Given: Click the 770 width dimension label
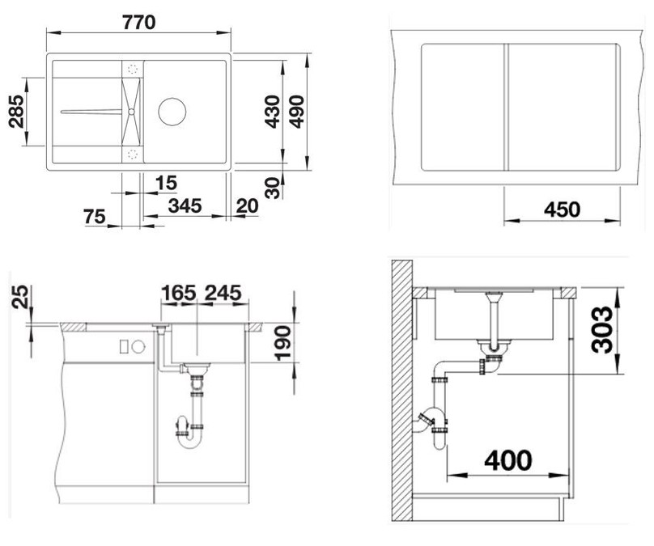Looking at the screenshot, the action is point(139,22).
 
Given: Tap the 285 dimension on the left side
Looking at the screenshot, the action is point(17,112).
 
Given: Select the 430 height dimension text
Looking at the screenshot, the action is point(272,112).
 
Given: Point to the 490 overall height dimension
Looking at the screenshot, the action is point(297,112).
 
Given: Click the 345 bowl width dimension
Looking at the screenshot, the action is point(185,205).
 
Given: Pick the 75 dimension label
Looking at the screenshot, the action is point(95,216).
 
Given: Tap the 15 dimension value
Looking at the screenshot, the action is point(166,183).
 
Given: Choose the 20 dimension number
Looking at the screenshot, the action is point(247,206).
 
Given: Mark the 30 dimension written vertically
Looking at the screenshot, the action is point(272,188).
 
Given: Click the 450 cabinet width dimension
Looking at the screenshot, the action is point(563,210).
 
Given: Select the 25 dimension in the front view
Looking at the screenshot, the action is point(20,296).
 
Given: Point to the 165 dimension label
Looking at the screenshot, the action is point(179,293).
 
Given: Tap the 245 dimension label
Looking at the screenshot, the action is point(223,293).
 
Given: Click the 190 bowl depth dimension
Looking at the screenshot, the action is point(282,343).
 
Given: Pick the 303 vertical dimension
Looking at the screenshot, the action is point(603,330).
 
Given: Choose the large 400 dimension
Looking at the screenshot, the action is point(508,460).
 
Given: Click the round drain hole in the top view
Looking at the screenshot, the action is point(172,112).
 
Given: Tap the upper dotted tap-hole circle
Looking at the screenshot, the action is point(133,70).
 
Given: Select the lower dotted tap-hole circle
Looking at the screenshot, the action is point(133,154).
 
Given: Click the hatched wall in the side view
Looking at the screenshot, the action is point(401,391).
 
